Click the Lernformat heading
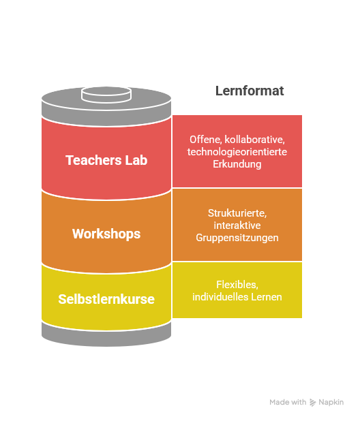(x=250, y=91)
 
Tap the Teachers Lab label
(x=106, y=160)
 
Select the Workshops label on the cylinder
(x=106, y=234)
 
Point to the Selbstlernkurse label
(x=106, y=299)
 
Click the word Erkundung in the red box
(x=237, y=164)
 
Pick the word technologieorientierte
(x=237, y=152)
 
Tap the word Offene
(x=205, y=140)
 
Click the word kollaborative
(x=254, y=140)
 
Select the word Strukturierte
(x=237, y=213)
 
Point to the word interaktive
(x=237, y=225)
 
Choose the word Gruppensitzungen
(x=237, y=238)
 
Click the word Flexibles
(x=237, y=285)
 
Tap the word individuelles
(x=220, y=297)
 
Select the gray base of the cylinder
(x=106, y=336)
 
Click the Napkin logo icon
(x=312, y=402)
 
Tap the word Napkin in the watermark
(x=331, y=402)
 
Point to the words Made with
(x=288, y=402)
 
